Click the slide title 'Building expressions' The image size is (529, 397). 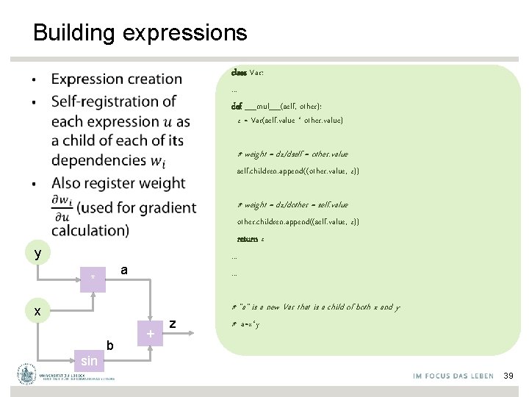(140, 33)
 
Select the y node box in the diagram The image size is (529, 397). (37, 254)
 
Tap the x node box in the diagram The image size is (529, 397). (37, 311)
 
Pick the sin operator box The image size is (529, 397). (89, 360)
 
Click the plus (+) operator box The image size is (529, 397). (150, 335)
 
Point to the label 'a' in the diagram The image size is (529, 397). (124, 271)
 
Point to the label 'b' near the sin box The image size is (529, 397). (109, 346)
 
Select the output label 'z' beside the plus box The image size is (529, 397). (172, 323)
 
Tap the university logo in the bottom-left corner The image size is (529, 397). (28, 374)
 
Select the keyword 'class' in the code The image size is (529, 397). (239, 73)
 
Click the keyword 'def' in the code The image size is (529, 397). (237, 107)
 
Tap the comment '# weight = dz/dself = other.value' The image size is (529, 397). (292, 154)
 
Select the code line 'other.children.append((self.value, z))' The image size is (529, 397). (298, 221)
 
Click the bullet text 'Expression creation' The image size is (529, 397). (117, 79)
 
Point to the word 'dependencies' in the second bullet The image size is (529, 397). (100, 160)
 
